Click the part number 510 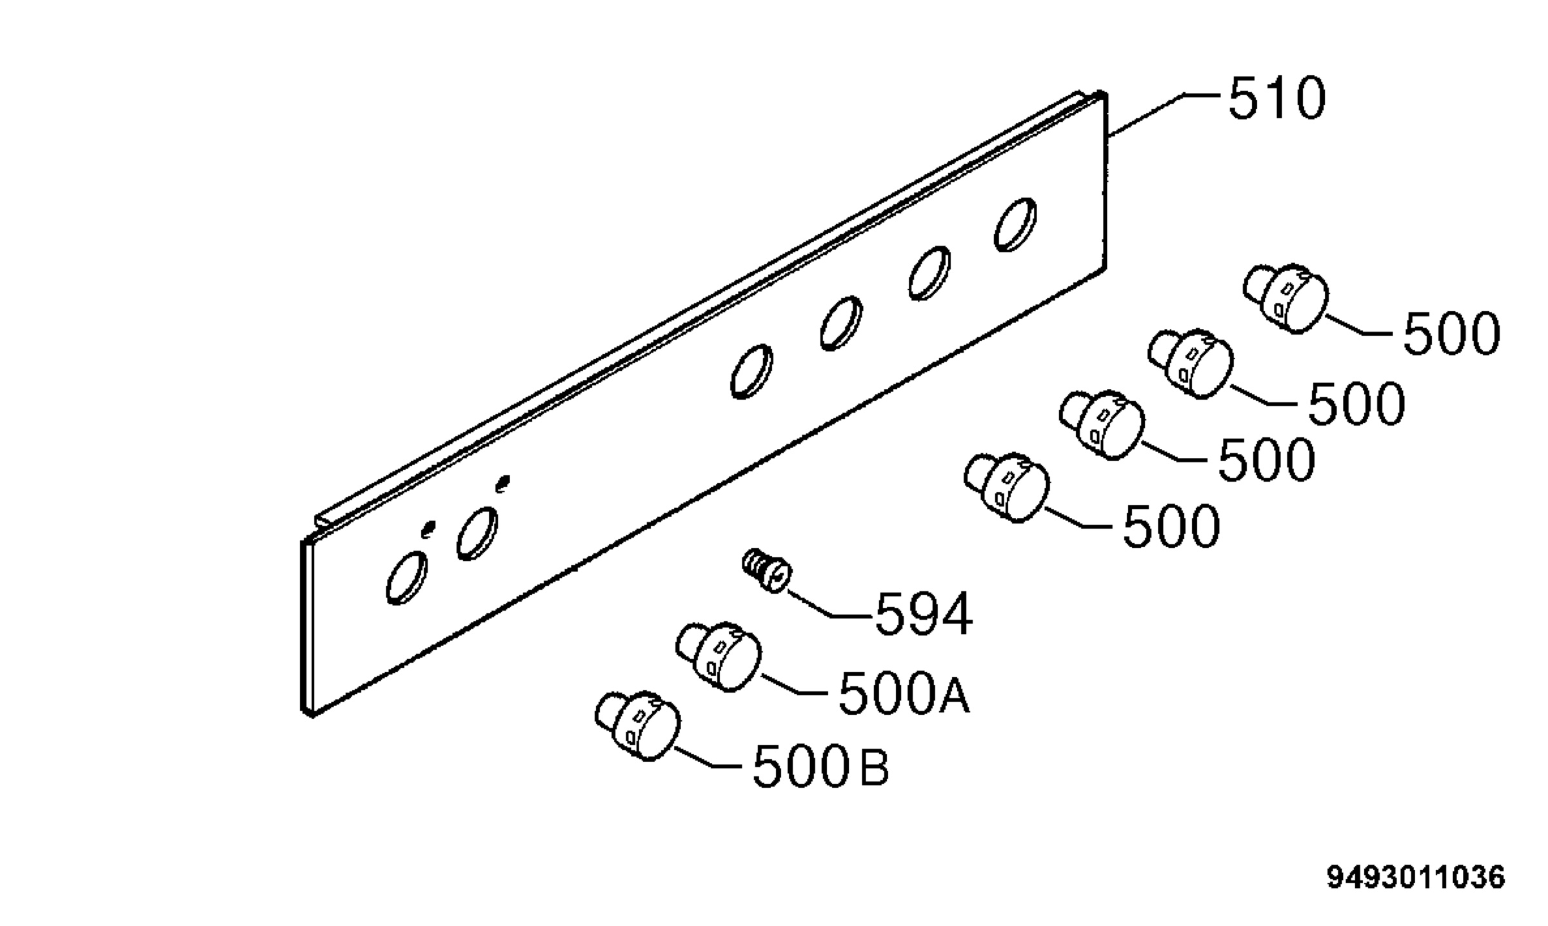tap(1276, 99)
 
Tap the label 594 tap(923, 614)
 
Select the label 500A tap(904, 693)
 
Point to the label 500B tap(821, 765)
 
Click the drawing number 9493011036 tap(1416, 878)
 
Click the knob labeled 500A tap(719, 656)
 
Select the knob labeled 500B tap(637, 726)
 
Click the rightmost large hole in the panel tap(1015, 224)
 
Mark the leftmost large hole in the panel tap(406, 577)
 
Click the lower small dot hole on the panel tap(428, 529)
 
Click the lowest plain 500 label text tap(1171, 526)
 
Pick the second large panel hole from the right tap(929, 273)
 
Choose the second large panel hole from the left tap(477, 533)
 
